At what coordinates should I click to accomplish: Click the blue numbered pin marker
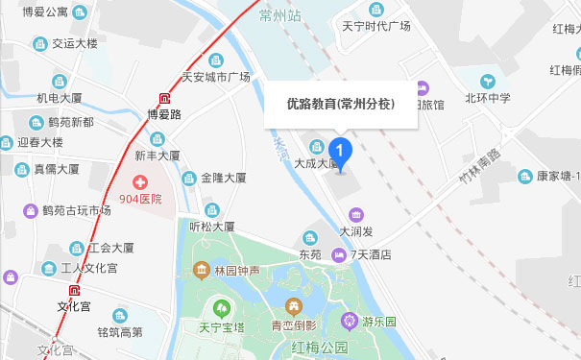point(340,151)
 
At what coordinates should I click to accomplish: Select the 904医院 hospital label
point(140,199)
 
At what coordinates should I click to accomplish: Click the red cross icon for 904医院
point(140,182)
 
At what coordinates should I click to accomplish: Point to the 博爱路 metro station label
point(164,113)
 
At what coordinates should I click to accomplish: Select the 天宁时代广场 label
point(375,26)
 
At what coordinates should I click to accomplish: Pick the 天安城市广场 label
point(215,77)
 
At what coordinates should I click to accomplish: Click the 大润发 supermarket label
point(357,231)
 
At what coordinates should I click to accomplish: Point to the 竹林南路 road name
point(480,165)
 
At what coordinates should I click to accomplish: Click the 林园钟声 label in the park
point(236,271)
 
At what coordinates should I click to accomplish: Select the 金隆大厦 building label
point(224,178)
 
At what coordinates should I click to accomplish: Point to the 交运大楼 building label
point(74,43)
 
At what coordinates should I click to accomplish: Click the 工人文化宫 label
point(88,268)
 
